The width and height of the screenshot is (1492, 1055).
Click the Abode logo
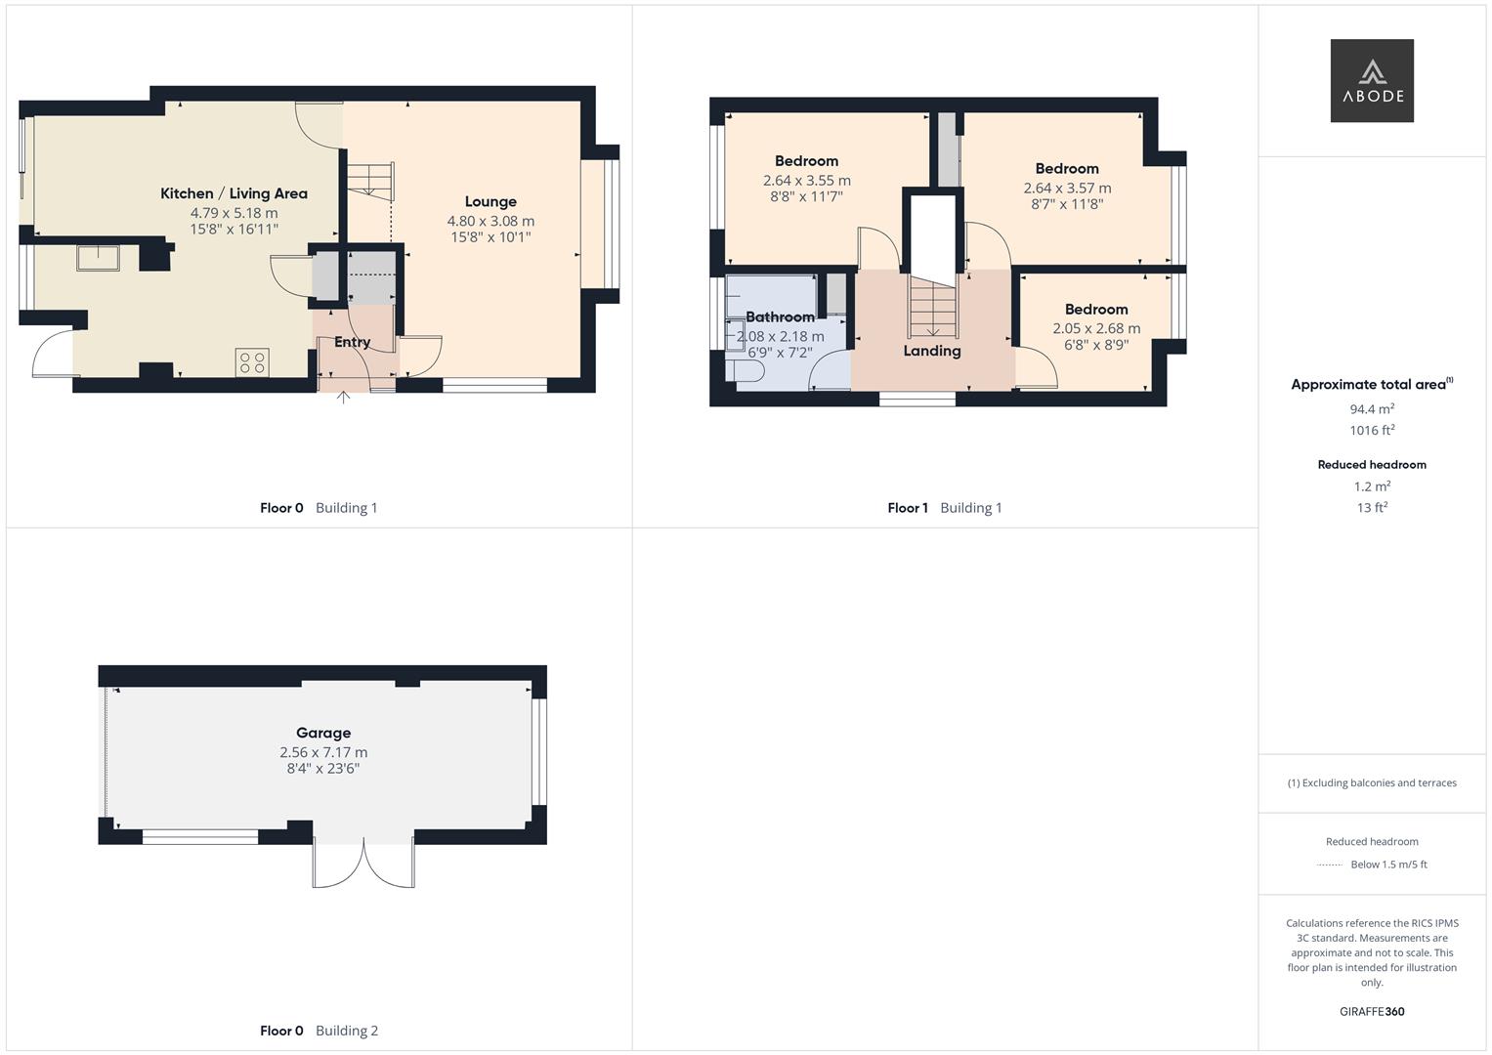click(x=1371, y=80)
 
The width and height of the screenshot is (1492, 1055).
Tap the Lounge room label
click(x=490, y=202)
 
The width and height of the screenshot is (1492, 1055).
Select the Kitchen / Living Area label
click(x=234, y=193)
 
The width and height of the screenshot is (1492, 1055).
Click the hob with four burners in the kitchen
click(x=252, y=362)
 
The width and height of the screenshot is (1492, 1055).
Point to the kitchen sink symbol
click(x=98, y=258)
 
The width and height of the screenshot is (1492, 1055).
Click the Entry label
click(x=352, y=342)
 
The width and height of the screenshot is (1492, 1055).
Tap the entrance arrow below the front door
click(x=344, y=397)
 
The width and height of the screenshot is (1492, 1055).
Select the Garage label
click(x=323, y=733)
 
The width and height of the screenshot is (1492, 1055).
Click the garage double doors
click(x=363, y=863)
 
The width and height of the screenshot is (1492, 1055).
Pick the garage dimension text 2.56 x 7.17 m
click(x=323, y=752)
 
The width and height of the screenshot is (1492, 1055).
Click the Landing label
click(x=931, y=351)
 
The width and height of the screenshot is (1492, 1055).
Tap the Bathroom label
click(x=780, y=316)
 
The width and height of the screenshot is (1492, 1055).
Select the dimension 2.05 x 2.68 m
click(x=1096, y=328)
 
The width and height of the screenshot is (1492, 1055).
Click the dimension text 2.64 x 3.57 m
click(x=1067, y=188)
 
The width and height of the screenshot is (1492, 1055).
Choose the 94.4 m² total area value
click(x=1372, y=409)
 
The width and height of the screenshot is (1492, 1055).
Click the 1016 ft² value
click(x=1372, y=430)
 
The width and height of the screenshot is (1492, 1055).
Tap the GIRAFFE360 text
click(x=1372, y=1011)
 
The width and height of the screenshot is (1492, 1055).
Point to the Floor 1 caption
click(x=908, y=508)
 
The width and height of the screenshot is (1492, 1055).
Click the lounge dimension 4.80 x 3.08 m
click(x=490, y=221)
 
